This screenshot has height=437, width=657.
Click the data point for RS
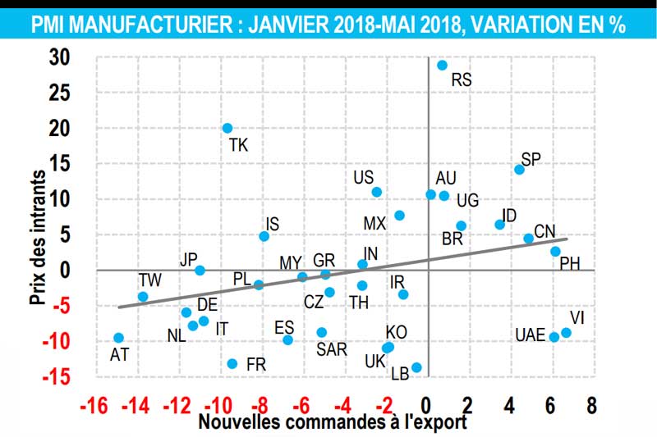[442, 66]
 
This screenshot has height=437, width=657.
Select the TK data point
[227, 129]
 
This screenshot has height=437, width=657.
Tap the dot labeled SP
[519, 170]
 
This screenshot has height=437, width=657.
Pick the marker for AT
[118, 338]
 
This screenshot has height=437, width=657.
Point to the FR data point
[232, 363]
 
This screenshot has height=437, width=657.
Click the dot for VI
[566, 333]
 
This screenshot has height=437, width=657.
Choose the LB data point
[416, 367]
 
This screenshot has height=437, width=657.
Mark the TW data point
[143, 297]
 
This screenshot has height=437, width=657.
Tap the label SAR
[331, 349]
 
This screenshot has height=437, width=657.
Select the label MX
[374, 223]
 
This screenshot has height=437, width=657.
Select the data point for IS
[264, 236]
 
